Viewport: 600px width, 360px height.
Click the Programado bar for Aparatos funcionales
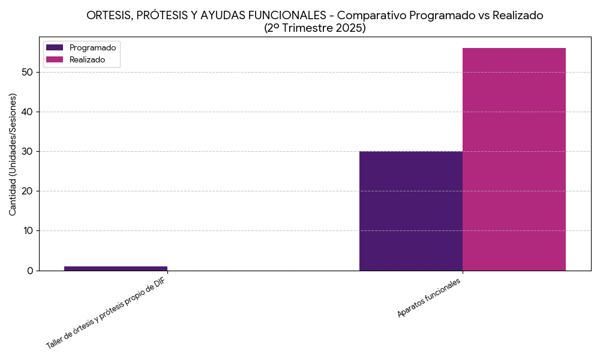click(x=411, y=211)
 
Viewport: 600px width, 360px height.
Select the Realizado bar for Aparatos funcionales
click(x=514, y=159)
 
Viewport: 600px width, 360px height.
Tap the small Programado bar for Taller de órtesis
click(x=116, y=268)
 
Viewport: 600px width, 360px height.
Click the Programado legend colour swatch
click(x=55, y=47)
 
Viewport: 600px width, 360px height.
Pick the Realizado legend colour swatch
click(x=55, y=59)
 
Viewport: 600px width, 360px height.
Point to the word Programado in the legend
click(x=93, y=47)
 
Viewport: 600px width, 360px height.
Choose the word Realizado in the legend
click(x=88, y=59)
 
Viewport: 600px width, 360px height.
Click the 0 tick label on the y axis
click(x=30, y=271)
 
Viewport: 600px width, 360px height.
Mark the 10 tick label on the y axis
click(x=27, y=231)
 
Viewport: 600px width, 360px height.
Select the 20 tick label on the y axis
click(x=27, y=191)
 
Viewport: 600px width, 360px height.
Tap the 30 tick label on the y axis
click(x=27, y=152)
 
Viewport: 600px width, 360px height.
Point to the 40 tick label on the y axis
click(x=27, y=112)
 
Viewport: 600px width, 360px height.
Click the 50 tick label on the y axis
click(x=27, y=73)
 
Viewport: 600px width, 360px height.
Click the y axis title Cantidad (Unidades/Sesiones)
click(x=13, y=154)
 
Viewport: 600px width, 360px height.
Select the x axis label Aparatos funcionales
click(x=430, y=298)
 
